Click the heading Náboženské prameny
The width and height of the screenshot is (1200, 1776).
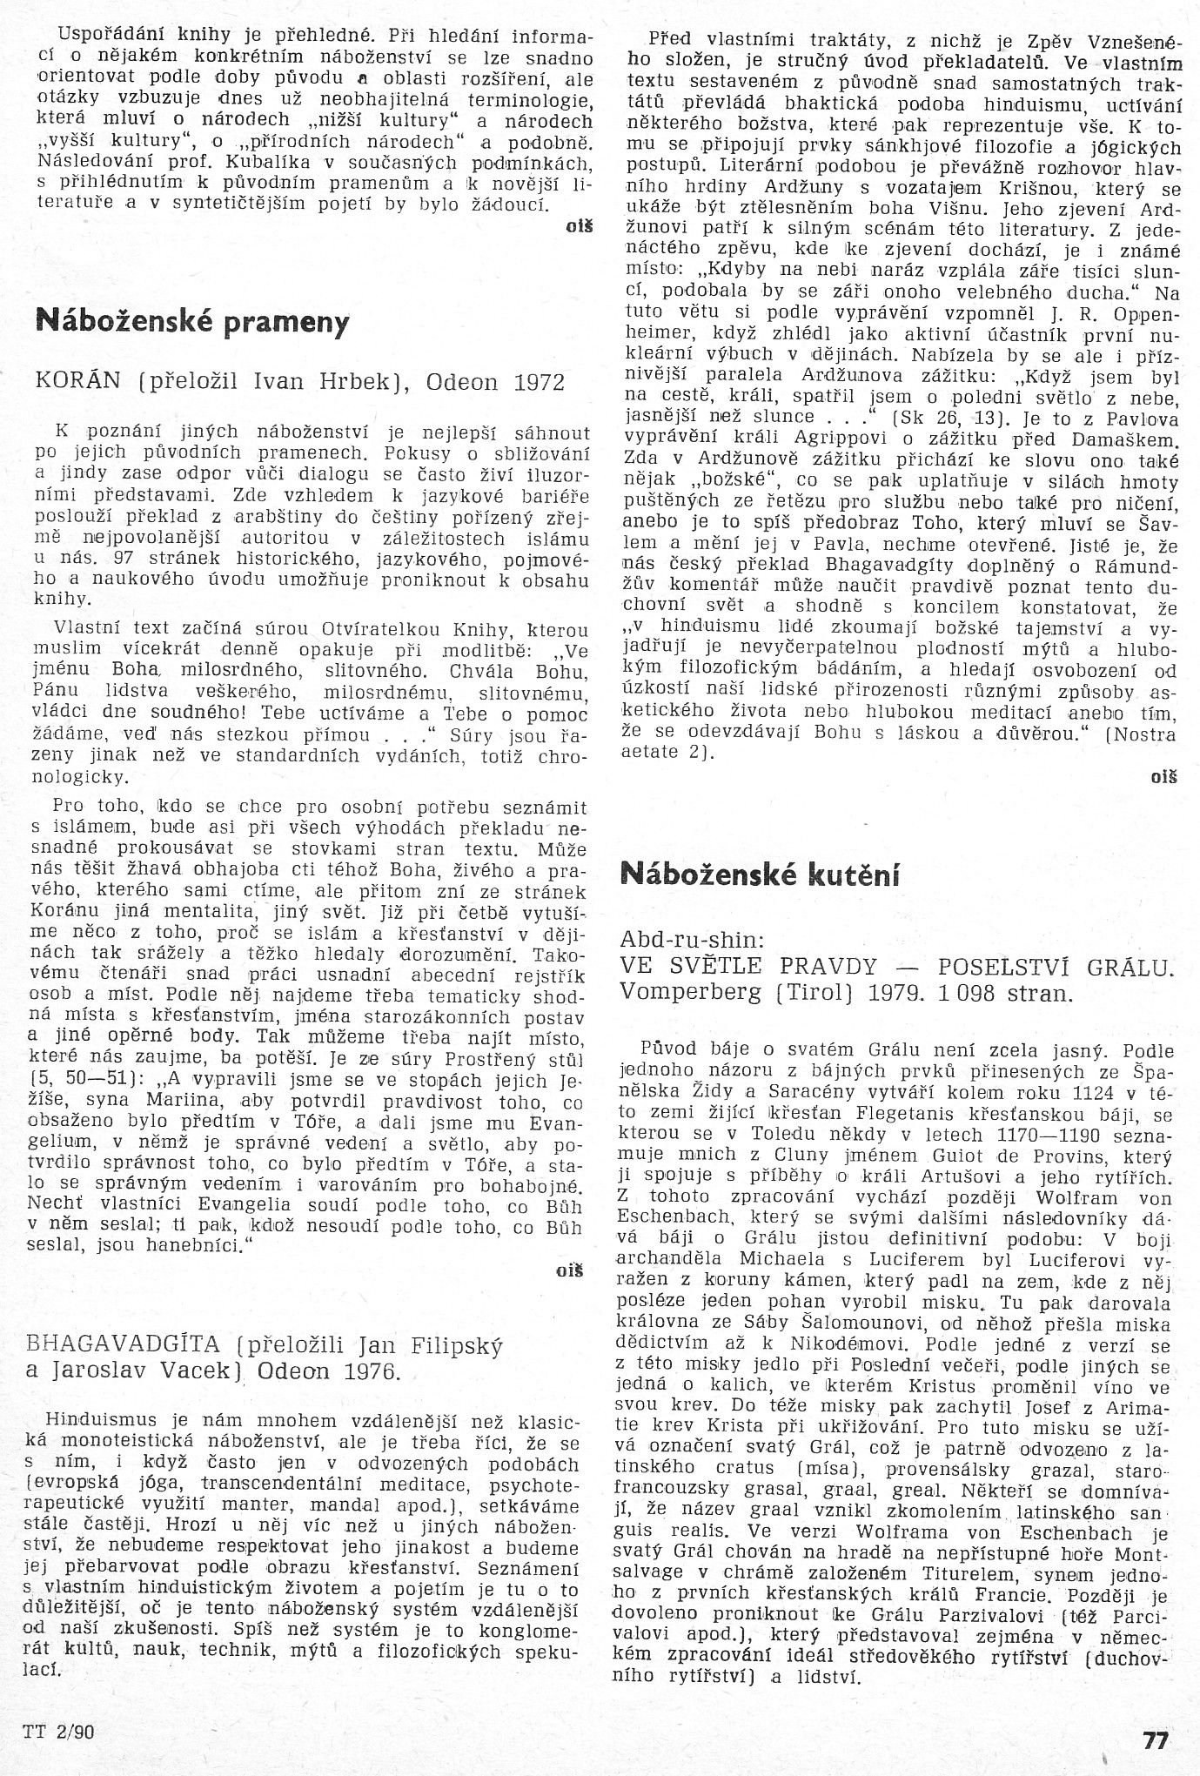pos(192,323)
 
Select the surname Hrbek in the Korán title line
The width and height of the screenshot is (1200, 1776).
pos(355,383)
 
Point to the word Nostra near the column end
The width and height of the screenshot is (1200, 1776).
pos(1145,734)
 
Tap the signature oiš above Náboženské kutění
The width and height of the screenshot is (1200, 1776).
pos(1163,777)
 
